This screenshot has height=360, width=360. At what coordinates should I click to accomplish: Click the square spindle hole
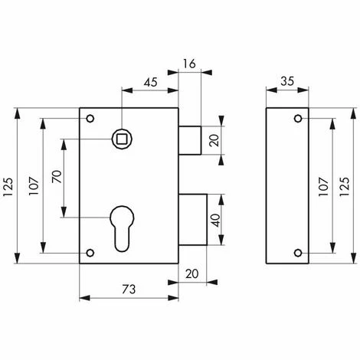click(119, 138)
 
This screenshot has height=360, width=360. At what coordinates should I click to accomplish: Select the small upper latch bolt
click(191, 139)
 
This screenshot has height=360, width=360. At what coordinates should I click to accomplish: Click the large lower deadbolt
click(195, 221)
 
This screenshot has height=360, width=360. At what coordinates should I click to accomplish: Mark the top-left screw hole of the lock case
click(90, 119)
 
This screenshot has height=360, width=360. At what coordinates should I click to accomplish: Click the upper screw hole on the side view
click(296, 119)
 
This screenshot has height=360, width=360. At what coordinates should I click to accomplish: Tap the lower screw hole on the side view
click(296, 253)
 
